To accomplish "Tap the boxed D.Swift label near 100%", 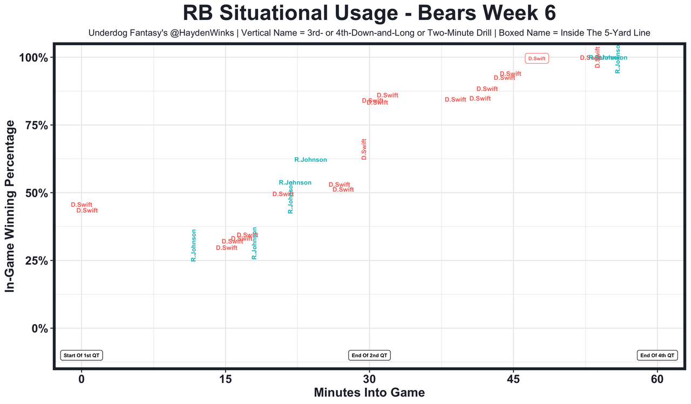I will [x=537, y=58].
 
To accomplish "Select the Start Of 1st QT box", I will [x=82, y=355].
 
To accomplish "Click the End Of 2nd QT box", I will [x=370, y=355].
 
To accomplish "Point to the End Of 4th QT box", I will [x=658, y=355].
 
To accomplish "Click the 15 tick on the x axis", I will [x=225, y=379].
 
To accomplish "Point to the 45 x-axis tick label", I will [x=513, y=379].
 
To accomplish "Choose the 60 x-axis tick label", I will [x=658, y=379].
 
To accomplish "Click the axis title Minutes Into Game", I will [x=369, y=393].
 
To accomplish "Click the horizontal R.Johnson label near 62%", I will [x=310, y=160].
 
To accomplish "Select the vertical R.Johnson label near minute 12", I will [x=194, y=245].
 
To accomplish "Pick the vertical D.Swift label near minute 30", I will [x=364, y=149].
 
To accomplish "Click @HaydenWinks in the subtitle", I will [x=212, y=33].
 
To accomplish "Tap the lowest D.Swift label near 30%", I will [x=227, y=248].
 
